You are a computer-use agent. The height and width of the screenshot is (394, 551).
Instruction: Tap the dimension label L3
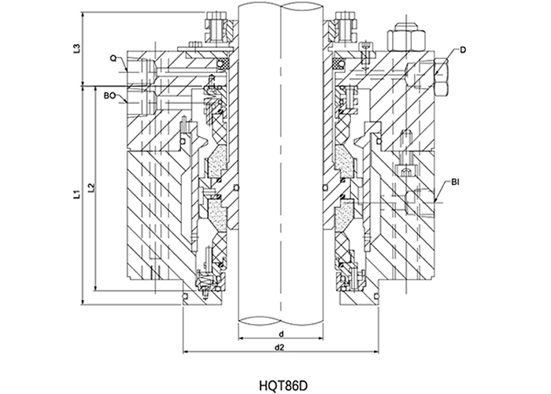pyautogui.click(x=76, y=48)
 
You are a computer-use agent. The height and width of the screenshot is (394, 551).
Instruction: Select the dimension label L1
pyautogui.click(x=76, y=192)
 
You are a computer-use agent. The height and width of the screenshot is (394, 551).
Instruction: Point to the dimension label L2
pyautogui.click(x=92, y=188)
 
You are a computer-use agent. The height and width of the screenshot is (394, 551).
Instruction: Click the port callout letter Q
pyautogui.click(x=114, y=58)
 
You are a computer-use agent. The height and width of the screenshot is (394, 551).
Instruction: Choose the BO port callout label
pyautogui.click(x=109, y=95)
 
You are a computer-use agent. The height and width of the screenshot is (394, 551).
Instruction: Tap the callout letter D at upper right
pyautogui.click(x=463, y=50)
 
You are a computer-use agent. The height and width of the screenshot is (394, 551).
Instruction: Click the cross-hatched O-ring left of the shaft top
pyautogui.click(x=223, y=62)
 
